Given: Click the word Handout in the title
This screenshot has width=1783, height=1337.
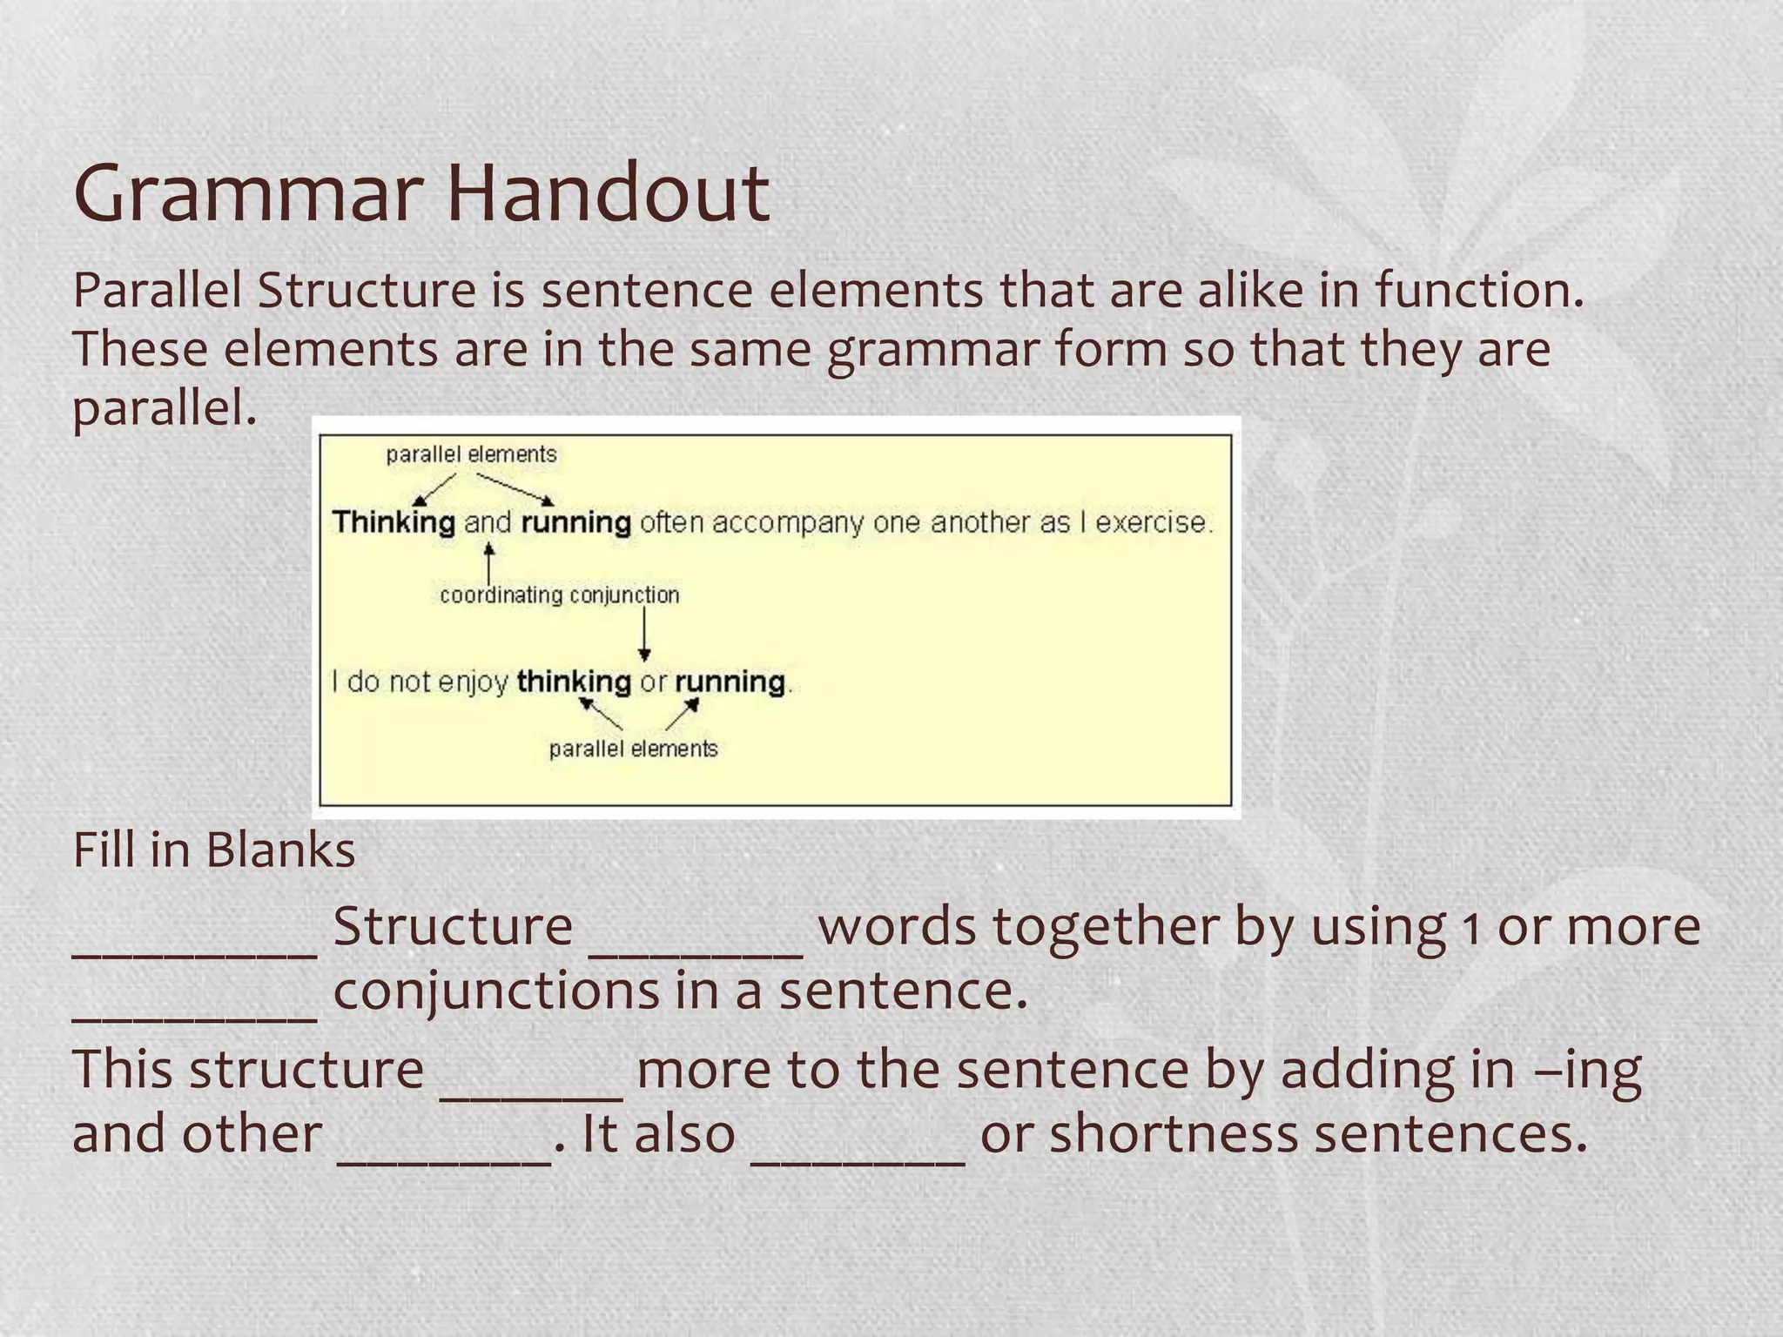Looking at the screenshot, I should pos(609,193).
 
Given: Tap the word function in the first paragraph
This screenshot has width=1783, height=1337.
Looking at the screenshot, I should pos(1479,290).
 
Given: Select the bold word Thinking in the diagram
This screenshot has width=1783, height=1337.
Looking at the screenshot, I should pos(394,522).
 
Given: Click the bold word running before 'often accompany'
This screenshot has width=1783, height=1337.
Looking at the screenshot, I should pos(575,522).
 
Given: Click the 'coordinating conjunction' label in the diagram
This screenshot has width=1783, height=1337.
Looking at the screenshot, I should pos(559,595).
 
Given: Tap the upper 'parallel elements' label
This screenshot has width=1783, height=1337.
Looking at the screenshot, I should pos(471,454).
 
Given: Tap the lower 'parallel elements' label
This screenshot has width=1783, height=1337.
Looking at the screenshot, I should pos(633,749).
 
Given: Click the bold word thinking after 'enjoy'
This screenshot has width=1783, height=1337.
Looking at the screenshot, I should pos(574,681).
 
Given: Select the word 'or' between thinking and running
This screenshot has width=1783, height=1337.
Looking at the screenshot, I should pos(653,681).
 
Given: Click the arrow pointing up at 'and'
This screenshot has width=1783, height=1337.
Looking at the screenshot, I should pos(489,563).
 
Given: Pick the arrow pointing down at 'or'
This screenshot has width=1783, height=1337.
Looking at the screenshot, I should pos(644,635).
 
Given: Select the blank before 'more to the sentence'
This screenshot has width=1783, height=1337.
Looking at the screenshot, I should pos(531,1092).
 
